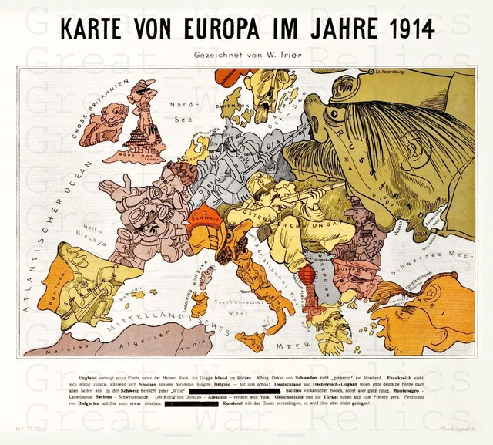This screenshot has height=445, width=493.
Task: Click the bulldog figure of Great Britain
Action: click(103, 124)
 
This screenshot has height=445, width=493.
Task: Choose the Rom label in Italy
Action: click(245, 292)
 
